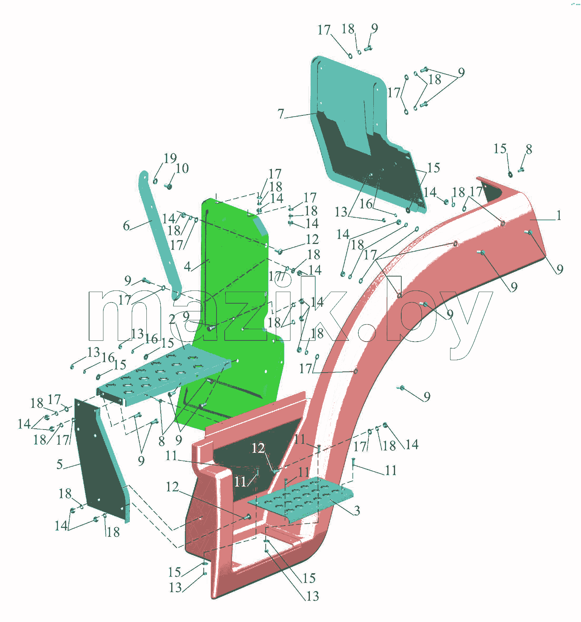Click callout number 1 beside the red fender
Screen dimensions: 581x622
point(559,215)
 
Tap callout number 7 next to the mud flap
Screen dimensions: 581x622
point(281,113)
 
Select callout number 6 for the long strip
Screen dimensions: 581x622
point(126,226)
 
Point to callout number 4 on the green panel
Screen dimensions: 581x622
point(187,266)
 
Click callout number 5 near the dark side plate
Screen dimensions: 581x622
point(60,464)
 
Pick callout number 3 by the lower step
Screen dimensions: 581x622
point(357,510)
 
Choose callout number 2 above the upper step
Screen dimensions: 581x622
point(172,319)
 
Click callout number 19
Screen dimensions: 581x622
point(170,158)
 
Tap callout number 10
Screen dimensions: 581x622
point(182,168)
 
